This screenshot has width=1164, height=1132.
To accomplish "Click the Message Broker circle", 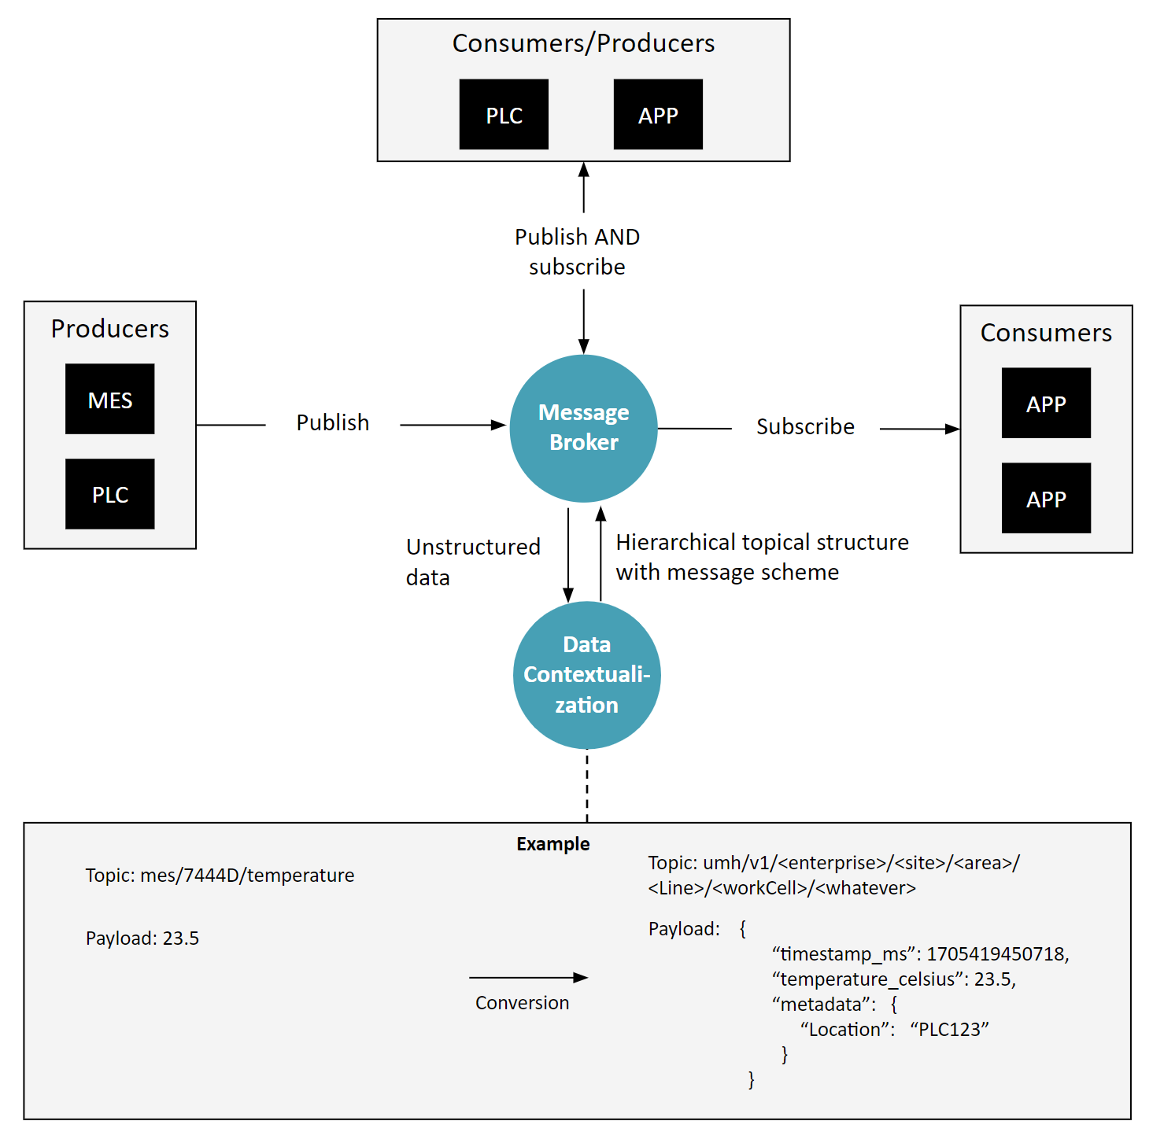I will pos(583,428).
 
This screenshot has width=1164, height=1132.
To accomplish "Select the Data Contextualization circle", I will pos(586,675).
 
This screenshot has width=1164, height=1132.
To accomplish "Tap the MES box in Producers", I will pos(109,399).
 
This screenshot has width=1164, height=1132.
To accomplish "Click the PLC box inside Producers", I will pos(109,494).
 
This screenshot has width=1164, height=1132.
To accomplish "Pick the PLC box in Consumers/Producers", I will pos(504,115).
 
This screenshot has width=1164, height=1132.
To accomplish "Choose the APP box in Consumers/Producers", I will pos(658,115).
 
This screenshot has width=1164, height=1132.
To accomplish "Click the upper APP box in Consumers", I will pos(1046,403).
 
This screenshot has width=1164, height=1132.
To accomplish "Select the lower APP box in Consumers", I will pos(1046,498).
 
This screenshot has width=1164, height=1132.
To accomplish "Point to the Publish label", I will pos(332,423).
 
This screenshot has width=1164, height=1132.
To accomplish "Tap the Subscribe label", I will pos(805,426).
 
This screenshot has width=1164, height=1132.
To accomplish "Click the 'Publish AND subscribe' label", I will pos(577,252).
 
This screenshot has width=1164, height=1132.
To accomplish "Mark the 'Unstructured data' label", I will pos(472,562).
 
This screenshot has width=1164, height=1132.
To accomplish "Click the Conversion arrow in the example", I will pos(528,978).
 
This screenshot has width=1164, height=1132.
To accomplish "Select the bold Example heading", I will pos(552,844).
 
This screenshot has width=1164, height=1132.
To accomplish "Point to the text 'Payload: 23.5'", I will pos(142,938).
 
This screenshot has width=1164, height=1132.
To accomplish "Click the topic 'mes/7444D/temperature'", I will pos(246,876).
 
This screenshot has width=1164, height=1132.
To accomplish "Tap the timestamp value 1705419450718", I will pos(996,954).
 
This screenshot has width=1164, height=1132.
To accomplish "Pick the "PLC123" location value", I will pos(949,1030).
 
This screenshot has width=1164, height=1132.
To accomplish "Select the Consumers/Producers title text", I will pos(583,43).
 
